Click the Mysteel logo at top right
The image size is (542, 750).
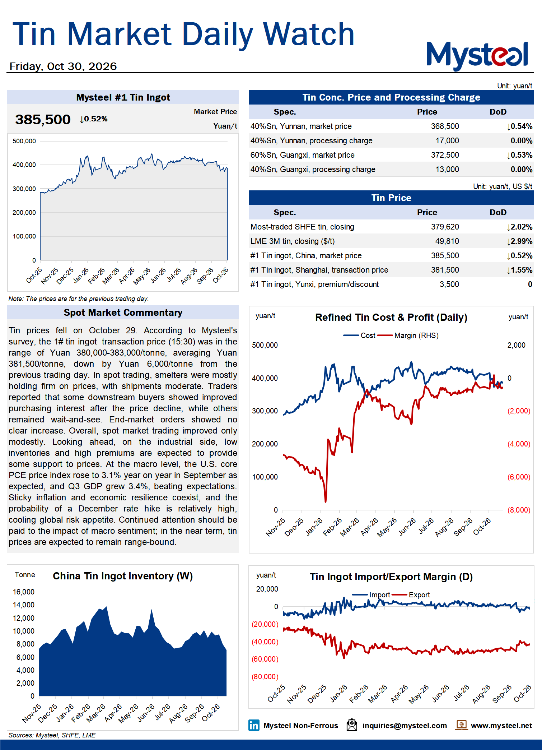click(x=477, y=56)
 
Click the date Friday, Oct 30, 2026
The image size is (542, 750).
click(x=63, y=66)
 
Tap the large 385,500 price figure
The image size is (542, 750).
click(x=43, y=120)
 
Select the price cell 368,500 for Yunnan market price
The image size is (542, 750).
click(x=445, y=126)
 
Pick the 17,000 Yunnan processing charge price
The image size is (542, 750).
click(x=447, y=141)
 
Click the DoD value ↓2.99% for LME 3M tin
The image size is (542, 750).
click(x=519, y=241)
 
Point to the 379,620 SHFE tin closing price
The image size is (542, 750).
click(x=445, y=227)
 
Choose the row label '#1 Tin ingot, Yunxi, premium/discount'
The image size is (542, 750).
click(x=314, y=284)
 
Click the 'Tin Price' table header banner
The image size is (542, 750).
click(x=391, y=198)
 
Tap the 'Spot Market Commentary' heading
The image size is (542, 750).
click(x=123, y=312)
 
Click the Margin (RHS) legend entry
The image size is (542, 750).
click(x=408, y=335)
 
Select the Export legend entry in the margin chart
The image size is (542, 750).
click(x=411, y=595)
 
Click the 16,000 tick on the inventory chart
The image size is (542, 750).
click(x=24, y=592)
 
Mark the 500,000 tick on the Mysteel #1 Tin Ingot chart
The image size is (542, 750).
click(x=24, y=141)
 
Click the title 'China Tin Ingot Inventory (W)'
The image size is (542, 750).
click(x=123, y=576)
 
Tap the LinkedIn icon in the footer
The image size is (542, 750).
click(x=254, y=725)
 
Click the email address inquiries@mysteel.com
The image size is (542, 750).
click(x=405, y=726)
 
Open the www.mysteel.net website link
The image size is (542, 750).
click(x=501, y=726)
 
